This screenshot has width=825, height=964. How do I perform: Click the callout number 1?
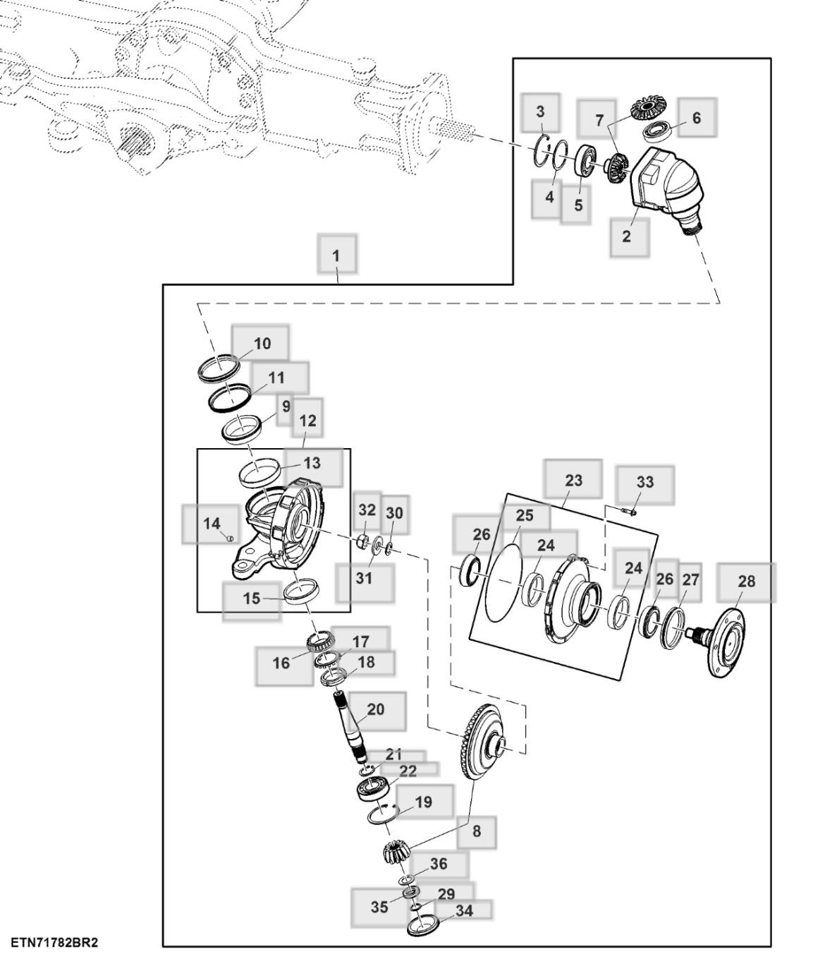[336, 255]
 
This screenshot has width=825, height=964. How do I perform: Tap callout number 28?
[746, 582]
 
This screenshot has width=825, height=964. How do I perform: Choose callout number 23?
[573, 481]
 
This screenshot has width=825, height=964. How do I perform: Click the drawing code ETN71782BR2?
[54, 943]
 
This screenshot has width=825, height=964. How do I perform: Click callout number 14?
[212, 524]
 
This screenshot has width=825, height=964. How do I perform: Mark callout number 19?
[423, 802]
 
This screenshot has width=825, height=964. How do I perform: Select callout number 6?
[696, 118]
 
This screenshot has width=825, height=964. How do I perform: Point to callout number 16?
[281, 663]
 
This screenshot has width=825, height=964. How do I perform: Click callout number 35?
[379, 907]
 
